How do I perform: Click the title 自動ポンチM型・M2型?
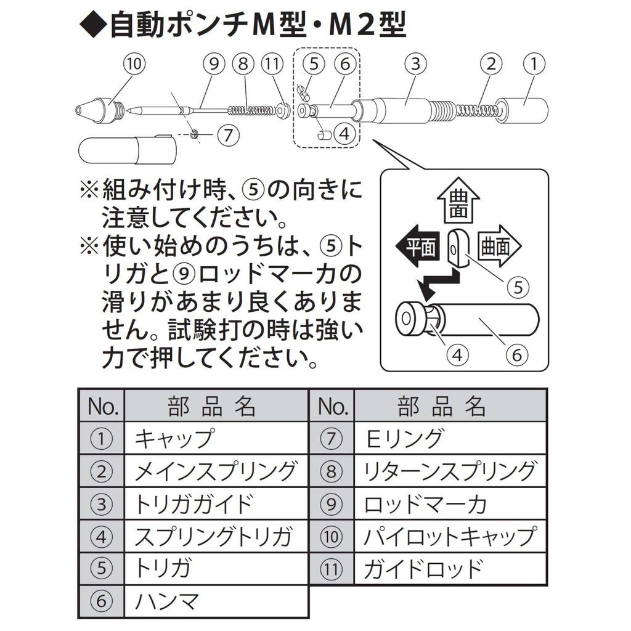coord(243,28)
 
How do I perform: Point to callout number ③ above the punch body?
coord(416,63)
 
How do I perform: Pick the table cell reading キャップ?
coord(215,439)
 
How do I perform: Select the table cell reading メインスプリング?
coord(215,471)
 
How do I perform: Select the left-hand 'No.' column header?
coord(102,406)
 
